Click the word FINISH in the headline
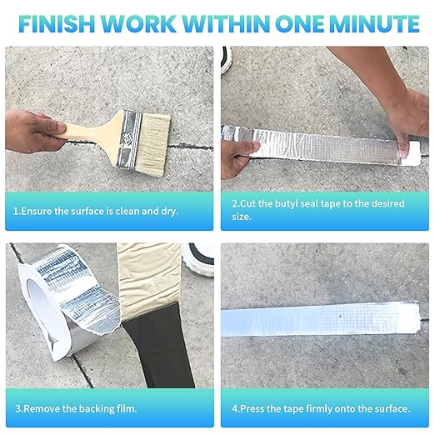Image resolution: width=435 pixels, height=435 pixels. coord(57,24)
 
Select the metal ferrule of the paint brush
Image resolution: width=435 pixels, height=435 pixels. coord(128,139)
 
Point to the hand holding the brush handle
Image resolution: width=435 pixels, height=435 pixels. coord(33,131)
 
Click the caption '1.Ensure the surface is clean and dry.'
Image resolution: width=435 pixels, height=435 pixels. coord(96,212)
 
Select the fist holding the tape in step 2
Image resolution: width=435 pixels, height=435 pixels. coord(239,158)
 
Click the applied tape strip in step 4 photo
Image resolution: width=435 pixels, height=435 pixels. coord(320,319)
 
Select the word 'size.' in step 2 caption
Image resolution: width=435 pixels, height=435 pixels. coord(242,217)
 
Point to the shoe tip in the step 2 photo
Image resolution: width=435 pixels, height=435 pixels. coord(227,59)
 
